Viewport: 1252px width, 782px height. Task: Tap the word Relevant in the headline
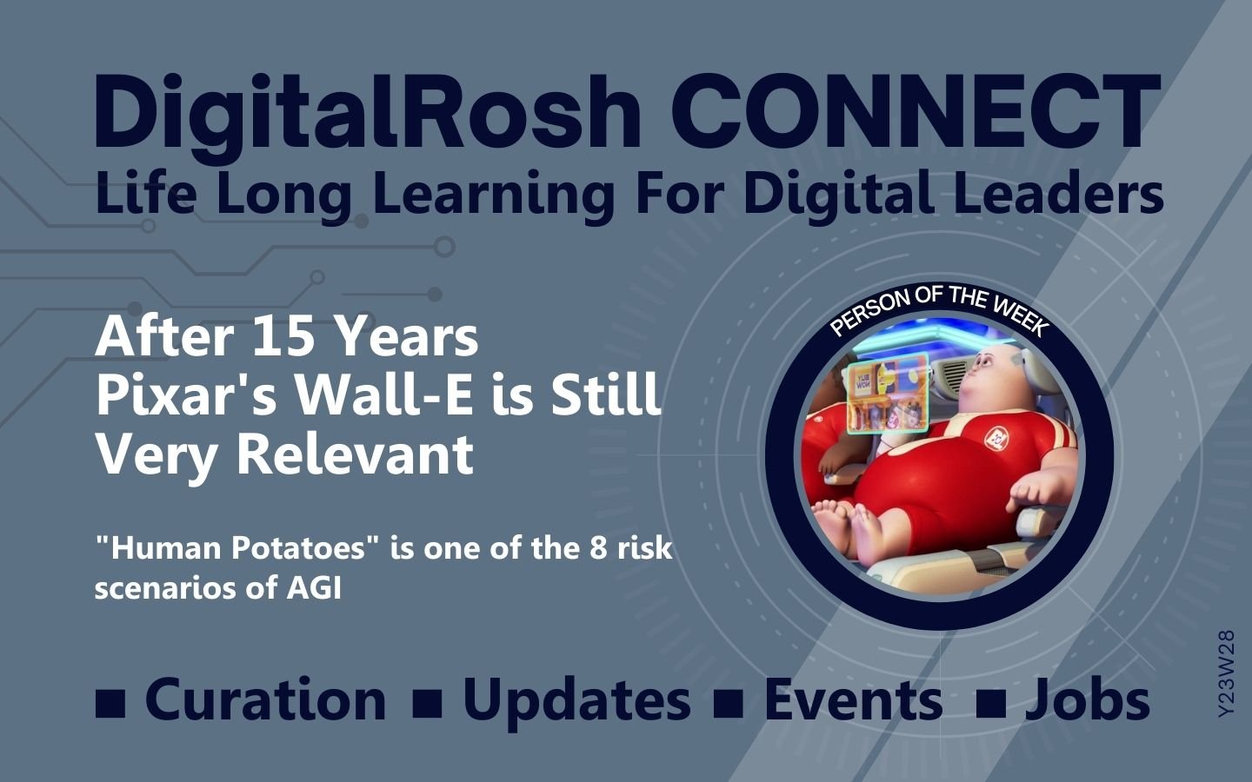click(356, 454)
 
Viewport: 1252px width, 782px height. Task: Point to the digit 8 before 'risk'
click(597, 548)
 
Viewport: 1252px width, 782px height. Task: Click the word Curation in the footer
click(265, 700)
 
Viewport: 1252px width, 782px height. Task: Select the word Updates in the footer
click(576, 703)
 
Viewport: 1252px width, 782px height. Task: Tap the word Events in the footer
click(853, 700)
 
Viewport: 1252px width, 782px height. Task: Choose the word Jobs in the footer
click(1087, 700)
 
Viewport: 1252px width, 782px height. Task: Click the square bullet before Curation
click(110, 703)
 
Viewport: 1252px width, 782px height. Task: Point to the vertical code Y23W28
click(1226, 673)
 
